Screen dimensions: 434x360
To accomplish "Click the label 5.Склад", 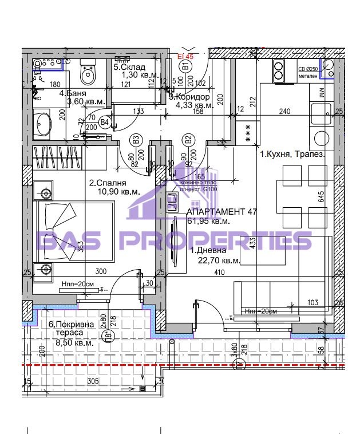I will coord(129,68).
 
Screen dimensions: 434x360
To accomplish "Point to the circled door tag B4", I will coord(105,121).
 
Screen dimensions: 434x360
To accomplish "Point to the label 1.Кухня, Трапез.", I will coord(293,155).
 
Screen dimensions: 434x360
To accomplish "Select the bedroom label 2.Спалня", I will coord(106,183).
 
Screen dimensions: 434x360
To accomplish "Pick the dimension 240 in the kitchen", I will coord(285,112).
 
